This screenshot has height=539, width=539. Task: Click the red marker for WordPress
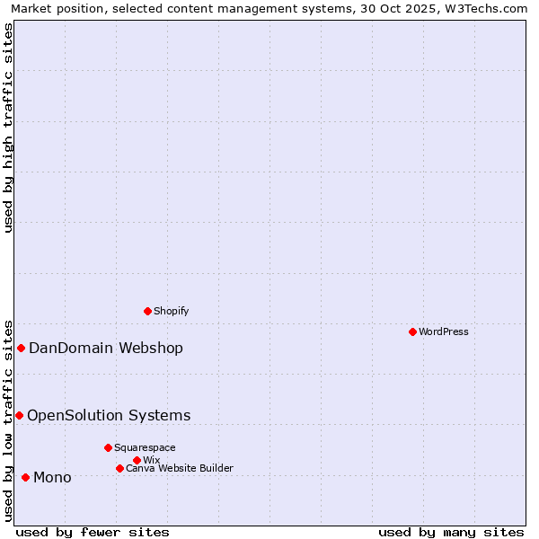tap(412, 331)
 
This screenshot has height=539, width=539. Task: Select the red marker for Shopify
tap(147, 311)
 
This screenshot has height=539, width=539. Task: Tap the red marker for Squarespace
tap(108, 447)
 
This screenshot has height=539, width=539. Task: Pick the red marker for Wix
tap(137, 460)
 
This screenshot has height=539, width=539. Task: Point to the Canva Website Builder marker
tap(119, 468)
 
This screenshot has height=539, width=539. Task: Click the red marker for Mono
tap(25, 477)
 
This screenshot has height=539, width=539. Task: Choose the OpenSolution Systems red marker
tap(19, 415)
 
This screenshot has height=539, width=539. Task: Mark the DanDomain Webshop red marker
tap(21, 348)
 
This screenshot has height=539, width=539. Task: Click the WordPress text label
tap(444, 331)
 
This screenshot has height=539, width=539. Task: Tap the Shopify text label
tap(171, 311)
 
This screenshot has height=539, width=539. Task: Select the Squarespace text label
tap(145, 447)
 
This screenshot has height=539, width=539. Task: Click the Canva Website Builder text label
tap(180, 468)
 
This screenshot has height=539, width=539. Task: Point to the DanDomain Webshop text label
tap(106, 349)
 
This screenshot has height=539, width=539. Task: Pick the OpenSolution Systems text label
tap(109, 415)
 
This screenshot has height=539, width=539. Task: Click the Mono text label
tap(52, 477)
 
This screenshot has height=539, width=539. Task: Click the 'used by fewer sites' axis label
tap(93, 532)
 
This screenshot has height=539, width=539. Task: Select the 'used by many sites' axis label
tap(451, 532)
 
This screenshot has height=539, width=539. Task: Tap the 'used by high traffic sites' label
tap(8, 128)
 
